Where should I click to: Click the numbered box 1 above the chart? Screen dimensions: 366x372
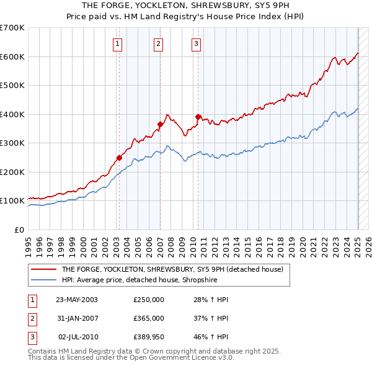(x=118, y=43)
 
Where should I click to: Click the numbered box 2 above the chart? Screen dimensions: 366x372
(x=159, y=43)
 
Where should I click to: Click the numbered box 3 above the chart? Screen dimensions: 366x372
(x=196, y=43)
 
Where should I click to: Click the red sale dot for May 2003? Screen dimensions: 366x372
(x=119, y=158)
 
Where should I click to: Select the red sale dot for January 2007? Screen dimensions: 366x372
(x=160, y=124)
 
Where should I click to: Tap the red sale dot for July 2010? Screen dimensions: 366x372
(x=198, y=117)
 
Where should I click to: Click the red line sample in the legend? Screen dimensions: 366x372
(x=43, y=269)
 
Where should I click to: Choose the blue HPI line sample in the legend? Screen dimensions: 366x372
(x=43, y=280)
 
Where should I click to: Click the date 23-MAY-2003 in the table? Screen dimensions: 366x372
(x=77, y=300)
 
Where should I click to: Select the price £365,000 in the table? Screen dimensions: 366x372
(x=149, y=318)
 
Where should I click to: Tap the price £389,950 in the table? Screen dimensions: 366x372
(x=149, y=337)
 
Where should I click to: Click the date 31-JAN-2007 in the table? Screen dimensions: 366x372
(x=77, y=318)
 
